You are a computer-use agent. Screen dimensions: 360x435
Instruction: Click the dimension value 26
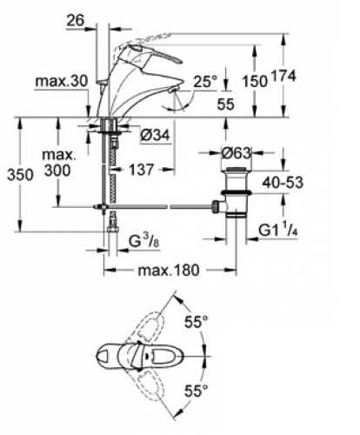pyautogui.click(x=76, y=20)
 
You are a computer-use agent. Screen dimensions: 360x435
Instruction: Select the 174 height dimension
pyautogui.click(x=283, y=76)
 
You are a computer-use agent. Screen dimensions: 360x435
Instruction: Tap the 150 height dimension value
pyautogui.click(x=255, y=81)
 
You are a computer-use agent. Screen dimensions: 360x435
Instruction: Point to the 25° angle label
pyautogui.click(x=205, y=82)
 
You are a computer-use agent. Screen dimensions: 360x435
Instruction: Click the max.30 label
pyautogui.click(x=61, y=82)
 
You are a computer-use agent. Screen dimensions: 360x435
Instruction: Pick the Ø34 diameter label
pyautogui.click(x=155, y=135)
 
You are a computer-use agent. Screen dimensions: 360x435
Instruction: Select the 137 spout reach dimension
pyautogui.click(x=141, y=170)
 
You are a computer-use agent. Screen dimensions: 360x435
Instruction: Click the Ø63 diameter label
pyautogui.click(x=236, y=153)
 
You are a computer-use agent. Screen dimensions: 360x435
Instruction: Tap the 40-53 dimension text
pyautogui.click(x=283, y=183)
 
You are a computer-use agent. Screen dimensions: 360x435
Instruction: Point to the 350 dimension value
pyautogui.click(x=20, y=175)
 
